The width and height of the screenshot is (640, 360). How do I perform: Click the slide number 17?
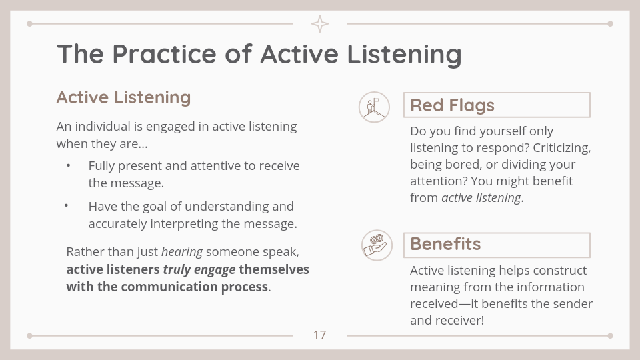[319, 335]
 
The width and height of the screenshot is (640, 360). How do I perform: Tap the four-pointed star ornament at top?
[320, 24]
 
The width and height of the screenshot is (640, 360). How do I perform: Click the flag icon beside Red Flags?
[374, 107]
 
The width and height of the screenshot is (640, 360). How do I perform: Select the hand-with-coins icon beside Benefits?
[377, 245]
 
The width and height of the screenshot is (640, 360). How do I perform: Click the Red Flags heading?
[452, 105]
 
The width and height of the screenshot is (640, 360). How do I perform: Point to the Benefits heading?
[445, 244]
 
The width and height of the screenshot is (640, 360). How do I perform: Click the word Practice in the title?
[164, 54]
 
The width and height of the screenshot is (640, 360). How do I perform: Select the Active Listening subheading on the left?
[124, 97]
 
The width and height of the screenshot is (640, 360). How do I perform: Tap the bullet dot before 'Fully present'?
[68, 165]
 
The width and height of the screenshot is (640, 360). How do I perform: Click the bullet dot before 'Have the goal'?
[66, 205]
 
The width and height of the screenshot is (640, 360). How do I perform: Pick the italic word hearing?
[182, 252]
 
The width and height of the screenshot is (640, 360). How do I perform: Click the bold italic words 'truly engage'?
[199, 270]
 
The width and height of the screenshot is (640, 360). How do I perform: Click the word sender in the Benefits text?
[573, 304]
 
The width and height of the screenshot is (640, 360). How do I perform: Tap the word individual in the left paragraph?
[101, 127]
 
